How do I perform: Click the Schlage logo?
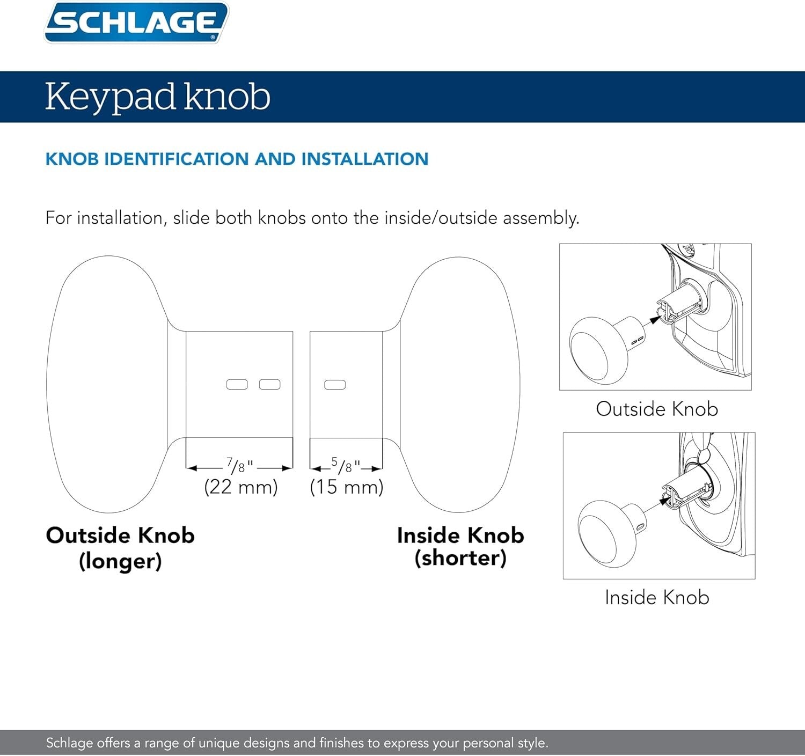click(x=136, y=23)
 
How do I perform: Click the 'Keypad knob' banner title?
click(x=157, y=97)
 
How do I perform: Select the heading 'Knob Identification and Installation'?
click(x=237, y=159)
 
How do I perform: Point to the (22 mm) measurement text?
click(x=241, y=487)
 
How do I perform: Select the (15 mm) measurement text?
click(x=347, y=487)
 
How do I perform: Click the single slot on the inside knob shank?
click(x=335, y=385)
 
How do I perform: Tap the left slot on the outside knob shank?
click(x=237, y=385)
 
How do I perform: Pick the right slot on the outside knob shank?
click(x=269, y=385)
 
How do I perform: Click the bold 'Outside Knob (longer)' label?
click(x=120, y=548)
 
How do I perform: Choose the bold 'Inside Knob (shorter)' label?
click(x=460, y=546)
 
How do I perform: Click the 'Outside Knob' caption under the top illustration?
click(x=657, y=409)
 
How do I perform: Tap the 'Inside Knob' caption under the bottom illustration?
click(x=657, y=597)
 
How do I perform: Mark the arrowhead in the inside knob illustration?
click(x=665, y=500)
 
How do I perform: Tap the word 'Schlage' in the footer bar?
click(x=69, y=743)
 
